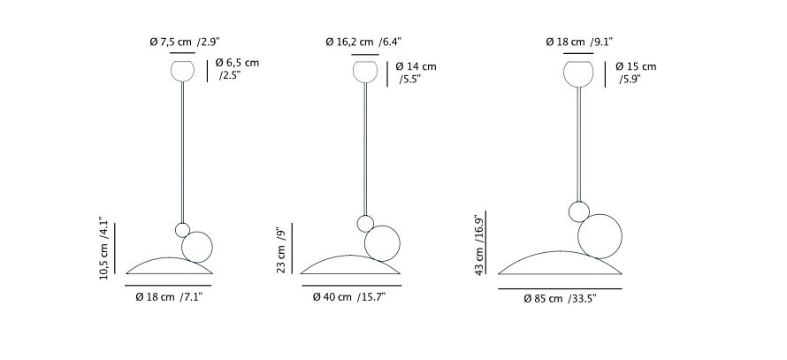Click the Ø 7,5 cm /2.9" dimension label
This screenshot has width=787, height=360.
point(185,42)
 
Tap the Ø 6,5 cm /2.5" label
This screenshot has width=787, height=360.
point(237,69)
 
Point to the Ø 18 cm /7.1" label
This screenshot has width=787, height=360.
point(169,297)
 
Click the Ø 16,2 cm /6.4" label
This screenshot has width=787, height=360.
point(363,42)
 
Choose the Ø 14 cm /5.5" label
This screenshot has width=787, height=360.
point(416,73)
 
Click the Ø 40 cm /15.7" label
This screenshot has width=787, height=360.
point(348,297)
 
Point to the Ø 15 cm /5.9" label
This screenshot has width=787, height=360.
point(636,73)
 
